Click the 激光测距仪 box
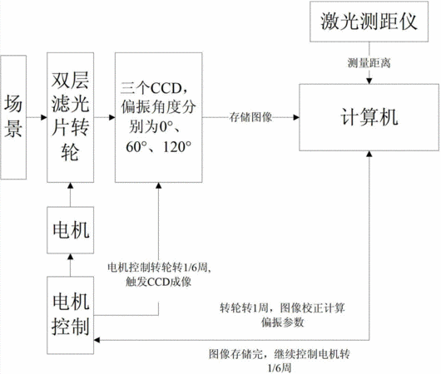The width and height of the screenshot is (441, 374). click(x=369, y=22)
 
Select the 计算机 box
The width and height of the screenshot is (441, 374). click(x=369, y=117)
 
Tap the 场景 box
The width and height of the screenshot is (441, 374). click(x=13, y=117)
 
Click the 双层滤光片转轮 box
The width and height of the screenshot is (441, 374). click(x=71, y=117)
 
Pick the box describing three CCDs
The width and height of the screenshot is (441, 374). click(x=159, y=117)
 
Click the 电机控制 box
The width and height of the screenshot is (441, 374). click(x=71, y=315)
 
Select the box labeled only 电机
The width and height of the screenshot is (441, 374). click(x=71, y=230)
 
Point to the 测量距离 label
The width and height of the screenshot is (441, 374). click(x=369, y=63)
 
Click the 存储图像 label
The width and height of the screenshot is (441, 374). click(x=250, y=117)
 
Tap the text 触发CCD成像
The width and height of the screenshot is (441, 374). click(x=158, y=282)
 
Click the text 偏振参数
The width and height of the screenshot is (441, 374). click(x=282, y=322)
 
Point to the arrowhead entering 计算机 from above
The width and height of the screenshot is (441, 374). click(x=369, y=81)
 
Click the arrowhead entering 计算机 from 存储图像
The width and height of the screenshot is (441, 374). click(x=296, y=117)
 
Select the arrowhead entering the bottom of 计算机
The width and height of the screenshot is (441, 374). click(x=369, y=154)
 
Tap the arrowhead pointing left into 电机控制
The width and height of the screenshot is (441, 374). click(x=97, y=340)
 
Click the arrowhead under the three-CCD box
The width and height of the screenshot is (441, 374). click(x=159, y=185)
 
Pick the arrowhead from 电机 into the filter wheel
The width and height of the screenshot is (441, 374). click(x=71, y=185)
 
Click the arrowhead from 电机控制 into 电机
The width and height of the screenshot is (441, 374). click(x=71, y=256)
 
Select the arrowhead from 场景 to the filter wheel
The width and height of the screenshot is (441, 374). click(x=44, y=117)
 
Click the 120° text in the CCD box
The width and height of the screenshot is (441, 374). click(x=177, y=147)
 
